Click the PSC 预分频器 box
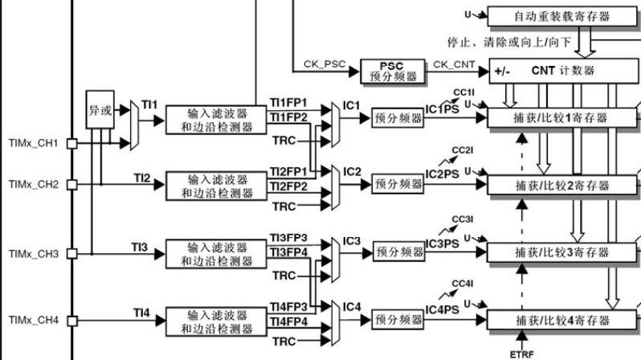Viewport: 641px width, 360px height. pyautogui.click(x=389, y=72)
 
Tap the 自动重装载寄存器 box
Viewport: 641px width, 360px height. pyautogui.click(x=560, y=15)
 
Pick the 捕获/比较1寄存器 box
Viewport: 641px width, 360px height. pyautogui.click(x=561, y=117)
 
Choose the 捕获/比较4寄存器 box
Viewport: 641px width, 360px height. pyautogui.click(x=561, y=320)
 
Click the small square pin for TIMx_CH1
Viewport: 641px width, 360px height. pyautogui.click(x=71, y=144)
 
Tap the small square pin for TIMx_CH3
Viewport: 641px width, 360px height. pyautogui.click(x=71, y=253)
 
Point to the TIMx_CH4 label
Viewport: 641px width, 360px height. pyautogui.click(x=34, y=320)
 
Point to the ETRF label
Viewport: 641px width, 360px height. pyautogui.click(x=521, y=354)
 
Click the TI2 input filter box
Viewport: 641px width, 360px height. pyautogui.click(x=217, y=186)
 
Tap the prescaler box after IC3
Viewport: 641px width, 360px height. pyautogui.click(x=397, y=252)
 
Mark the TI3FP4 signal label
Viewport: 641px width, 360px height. pyautogui.click(x=288, y=253)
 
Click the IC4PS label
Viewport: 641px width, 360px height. pyautogui.click(x=443, y=311)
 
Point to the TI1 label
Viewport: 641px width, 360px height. pyautogui.click(x=150, y=104)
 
